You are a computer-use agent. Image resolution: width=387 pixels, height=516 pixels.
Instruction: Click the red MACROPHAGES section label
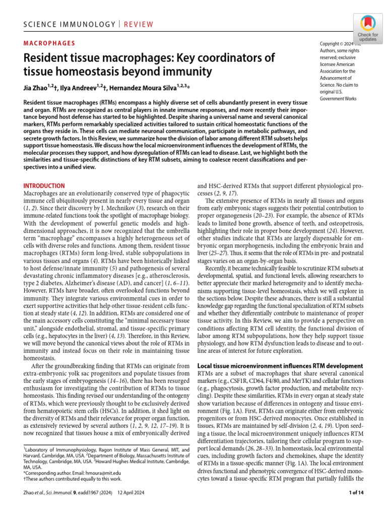tap(49, 43)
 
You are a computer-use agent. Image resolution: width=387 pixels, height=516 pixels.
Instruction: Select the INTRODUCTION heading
tap(44, 185)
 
